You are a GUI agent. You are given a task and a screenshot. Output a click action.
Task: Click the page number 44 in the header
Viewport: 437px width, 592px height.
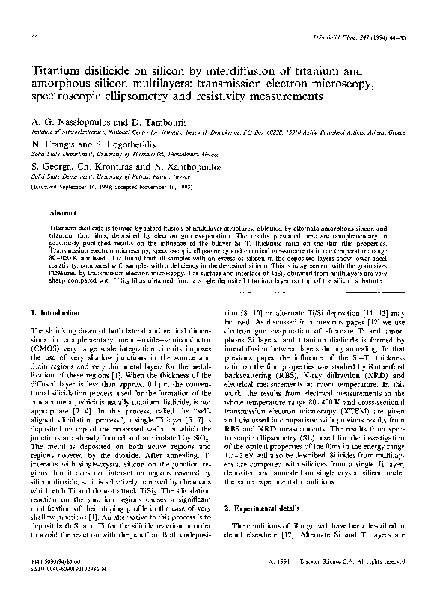[35, 37]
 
